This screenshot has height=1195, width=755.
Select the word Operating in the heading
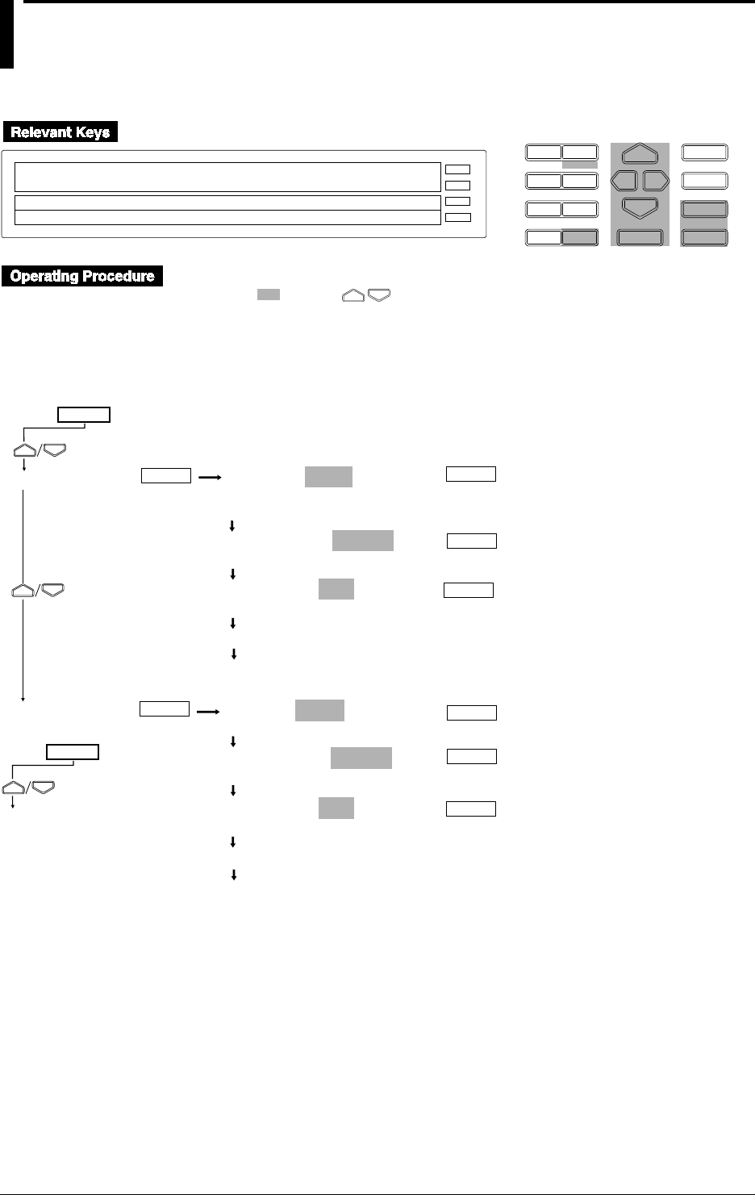[45, 276]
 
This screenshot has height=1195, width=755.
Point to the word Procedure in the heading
[121, 276]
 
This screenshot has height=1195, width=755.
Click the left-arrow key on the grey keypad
[624, 180]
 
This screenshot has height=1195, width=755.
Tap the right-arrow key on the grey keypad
[655, 180]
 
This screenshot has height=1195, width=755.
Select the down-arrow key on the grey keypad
[640, 207]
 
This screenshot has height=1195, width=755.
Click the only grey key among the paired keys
[580, 237]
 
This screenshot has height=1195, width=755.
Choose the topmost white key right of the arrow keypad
[705, 152]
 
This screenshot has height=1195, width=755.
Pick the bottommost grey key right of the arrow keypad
[705, 237]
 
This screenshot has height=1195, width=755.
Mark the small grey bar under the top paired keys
[580, 164]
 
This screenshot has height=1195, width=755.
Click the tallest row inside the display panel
[222, 177]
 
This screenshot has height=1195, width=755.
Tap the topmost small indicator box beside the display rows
[457, 170]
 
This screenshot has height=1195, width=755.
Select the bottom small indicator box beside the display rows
[457, 217]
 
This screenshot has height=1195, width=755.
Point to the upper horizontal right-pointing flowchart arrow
[210, 477]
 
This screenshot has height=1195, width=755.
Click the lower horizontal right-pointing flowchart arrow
[208, 712]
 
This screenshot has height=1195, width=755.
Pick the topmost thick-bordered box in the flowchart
[84, 416]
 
